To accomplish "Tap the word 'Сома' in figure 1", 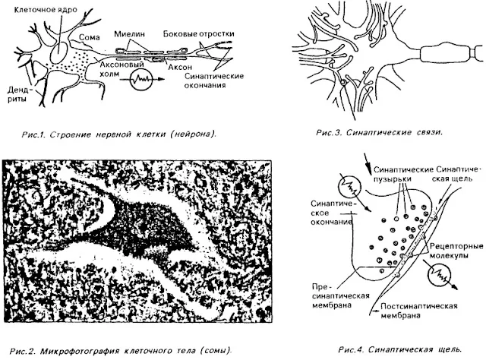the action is coord(90,36).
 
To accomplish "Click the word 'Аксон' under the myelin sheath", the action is coord(185,67).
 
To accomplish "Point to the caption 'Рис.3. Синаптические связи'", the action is coord(377,132).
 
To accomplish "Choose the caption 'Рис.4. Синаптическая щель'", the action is coord(399,349).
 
